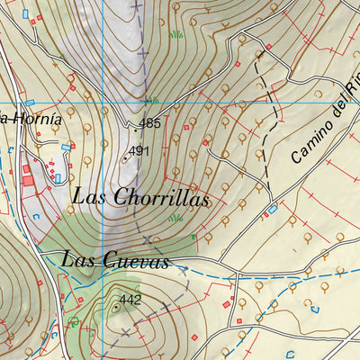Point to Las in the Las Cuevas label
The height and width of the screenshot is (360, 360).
[x=77, y=261]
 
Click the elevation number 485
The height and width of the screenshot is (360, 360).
[x=149, y=123]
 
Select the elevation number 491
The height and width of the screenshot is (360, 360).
[x=139, y=151]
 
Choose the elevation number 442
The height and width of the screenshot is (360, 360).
[x=130, y=300]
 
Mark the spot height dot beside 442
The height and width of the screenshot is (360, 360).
[x=115, y=307]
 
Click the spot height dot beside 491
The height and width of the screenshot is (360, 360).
[x=125, y=158]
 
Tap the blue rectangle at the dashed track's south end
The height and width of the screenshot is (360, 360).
[x=273, y=209]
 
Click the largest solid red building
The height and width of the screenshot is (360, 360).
[x=28, y=181]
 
